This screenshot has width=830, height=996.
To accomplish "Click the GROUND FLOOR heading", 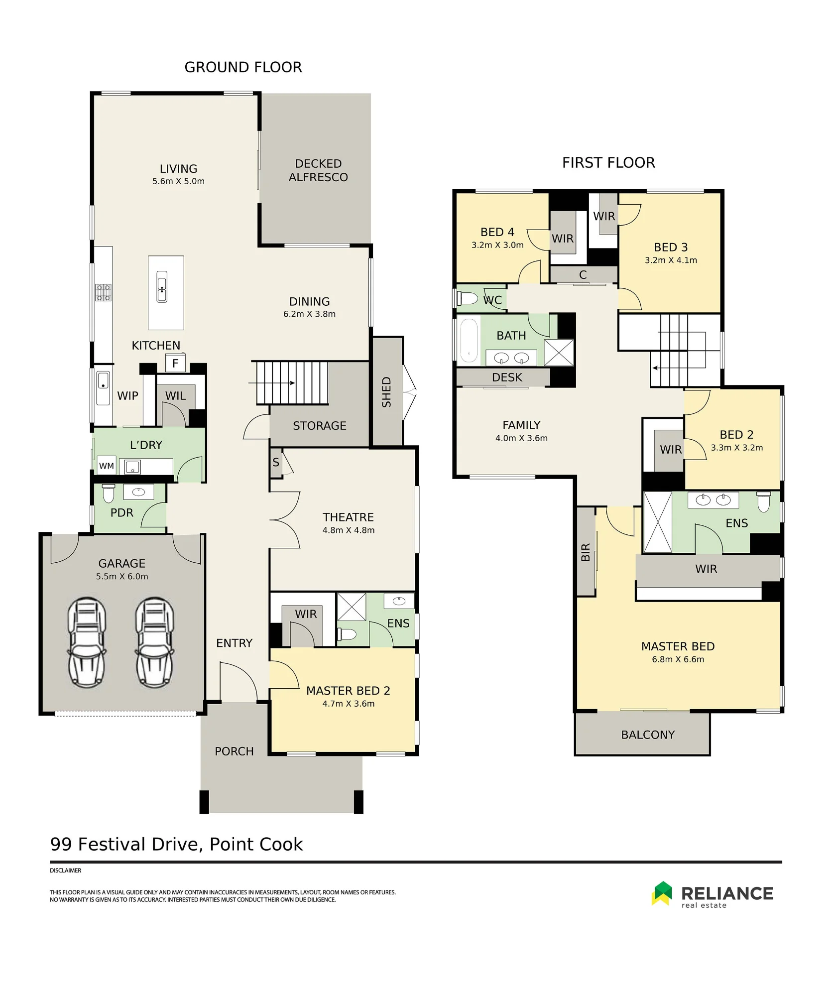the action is [x=243, y=67].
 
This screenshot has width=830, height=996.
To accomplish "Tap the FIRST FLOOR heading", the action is [x=608, y=163].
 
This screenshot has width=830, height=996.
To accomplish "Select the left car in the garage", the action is [x=87, y=642].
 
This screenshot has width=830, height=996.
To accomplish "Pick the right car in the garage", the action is [x=155, y=642].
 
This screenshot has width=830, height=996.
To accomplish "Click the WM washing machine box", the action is [x=107, y=466].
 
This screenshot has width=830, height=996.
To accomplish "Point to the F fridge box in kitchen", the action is [x=175, y=363].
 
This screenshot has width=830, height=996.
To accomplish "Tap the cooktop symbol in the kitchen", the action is [x=104, y=292].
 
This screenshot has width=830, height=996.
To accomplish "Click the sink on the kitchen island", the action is [x=162, y=286].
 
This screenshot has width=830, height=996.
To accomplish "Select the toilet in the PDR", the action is [x=109, y=493].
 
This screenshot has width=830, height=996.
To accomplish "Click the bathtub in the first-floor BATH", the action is [x=469, y=340].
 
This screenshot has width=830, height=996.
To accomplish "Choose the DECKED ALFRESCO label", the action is [x=318, y=170].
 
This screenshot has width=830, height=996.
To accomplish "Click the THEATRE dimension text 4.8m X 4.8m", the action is [x=349, y=530].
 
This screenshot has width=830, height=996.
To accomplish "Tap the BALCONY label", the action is [x=648, y=735].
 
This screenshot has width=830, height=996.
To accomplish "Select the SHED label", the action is [x=386, y=392].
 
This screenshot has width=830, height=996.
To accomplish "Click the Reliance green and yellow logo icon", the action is [x=662, y=893].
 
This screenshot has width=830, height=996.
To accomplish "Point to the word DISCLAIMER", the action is [x=65, y=871].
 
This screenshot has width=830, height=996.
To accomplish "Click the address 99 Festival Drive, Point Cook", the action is [x=176, y=844].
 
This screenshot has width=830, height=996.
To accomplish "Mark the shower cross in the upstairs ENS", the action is [x=658, y=522].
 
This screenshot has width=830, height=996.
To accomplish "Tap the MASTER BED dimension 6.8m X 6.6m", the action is [x=678, y=659].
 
